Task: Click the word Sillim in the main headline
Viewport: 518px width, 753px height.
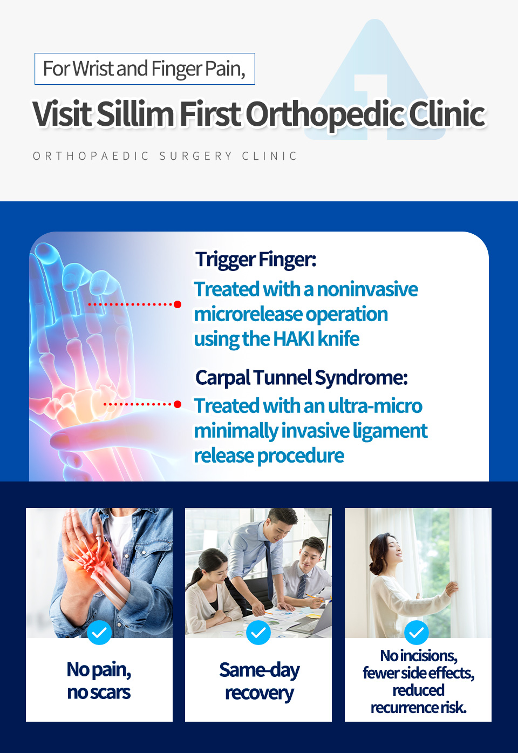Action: coord(135,113)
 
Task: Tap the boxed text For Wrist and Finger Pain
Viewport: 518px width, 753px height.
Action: coord(145,69)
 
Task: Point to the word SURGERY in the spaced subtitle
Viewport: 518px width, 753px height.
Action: coord(195,156)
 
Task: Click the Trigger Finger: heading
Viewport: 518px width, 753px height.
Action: coord(256,260)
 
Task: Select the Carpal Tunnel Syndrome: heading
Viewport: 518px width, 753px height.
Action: coord(301,377)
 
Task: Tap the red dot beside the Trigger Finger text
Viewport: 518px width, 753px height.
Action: coord(178,304)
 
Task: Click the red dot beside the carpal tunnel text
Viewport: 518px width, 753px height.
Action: coord(178,404)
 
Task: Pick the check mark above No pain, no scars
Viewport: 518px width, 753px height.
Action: coord(99,633)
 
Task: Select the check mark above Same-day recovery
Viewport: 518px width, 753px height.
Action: coord(258,633)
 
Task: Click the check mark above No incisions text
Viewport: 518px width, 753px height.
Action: coord(417,633)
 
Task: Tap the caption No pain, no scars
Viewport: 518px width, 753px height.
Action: coord(99,681)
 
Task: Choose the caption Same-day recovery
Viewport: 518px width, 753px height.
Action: coord(260,682)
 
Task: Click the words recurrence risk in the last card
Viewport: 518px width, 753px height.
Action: coord(419,708)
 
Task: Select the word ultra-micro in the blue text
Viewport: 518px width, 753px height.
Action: coord(375,405)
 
